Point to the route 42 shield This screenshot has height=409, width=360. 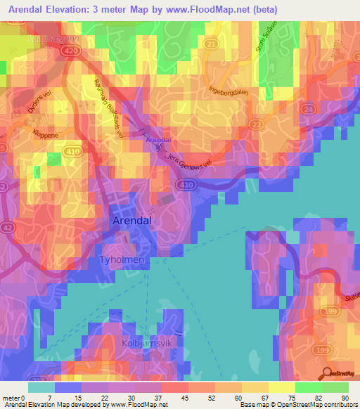[7, 227]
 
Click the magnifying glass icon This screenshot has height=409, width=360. [328, 374]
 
